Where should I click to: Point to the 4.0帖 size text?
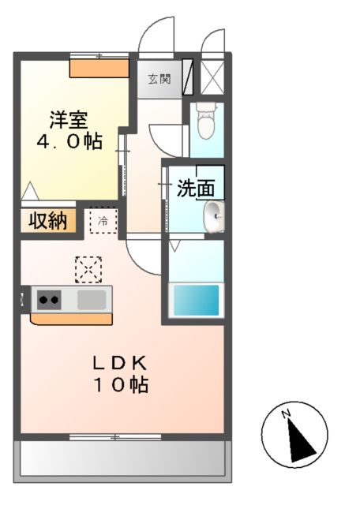click(x=69, y=142)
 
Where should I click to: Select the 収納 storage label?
click(x=48, y=221)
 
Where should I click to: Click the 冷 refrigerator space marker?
click(x=103, y=222)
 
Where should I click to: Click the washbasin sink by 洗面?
click(x=214, y=214)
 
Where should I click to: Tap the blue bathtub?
click(x=195, y=301)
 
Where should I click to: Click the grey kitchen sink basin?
click(x=92, y=299)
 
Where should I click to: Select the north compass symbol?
click(x=294, y=432)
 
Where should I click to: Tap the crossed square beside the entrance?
click(x=212, y=77)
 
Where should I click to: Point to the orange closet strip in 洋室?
click(x=99, y=69)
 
